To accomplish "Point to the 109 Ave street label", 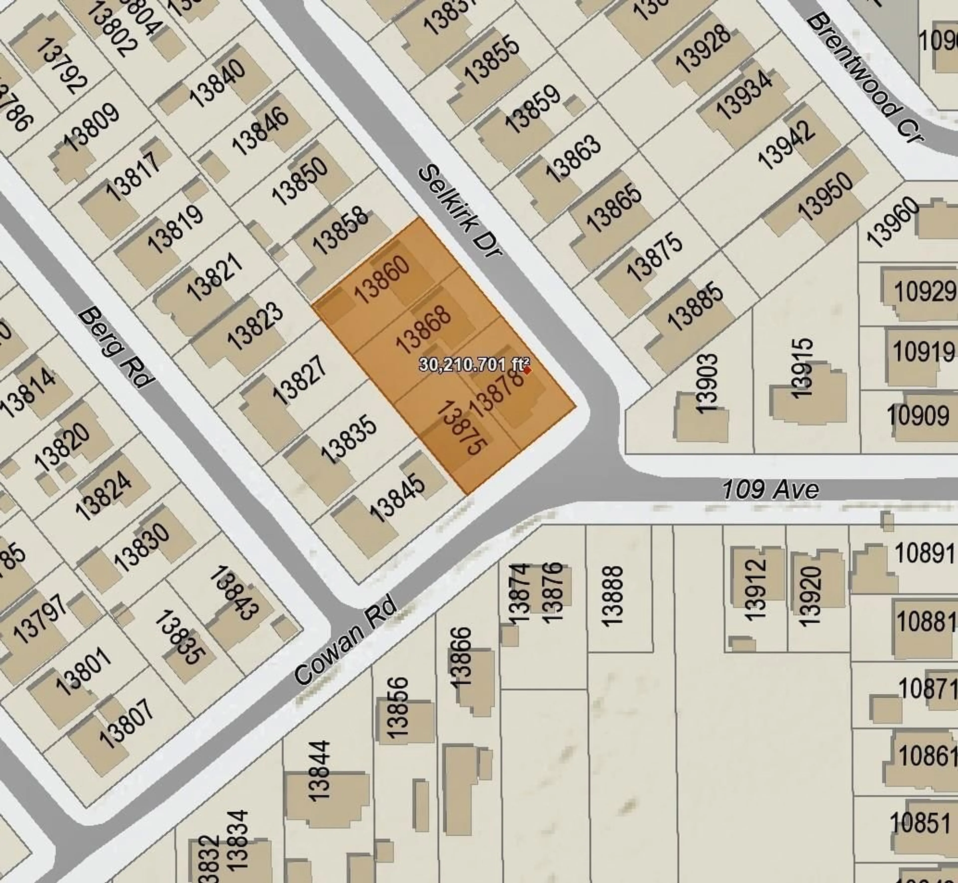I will [770, 490].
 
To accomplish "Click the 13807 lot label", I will [127, 724].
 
